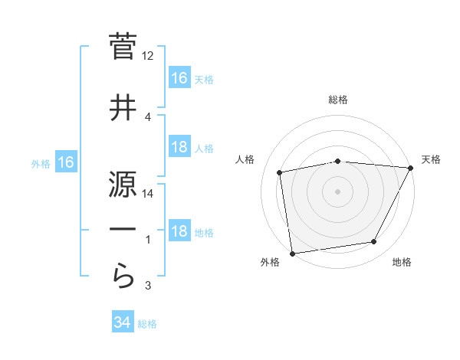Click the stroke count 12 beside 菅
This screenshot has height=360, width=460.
(x=148, y=56)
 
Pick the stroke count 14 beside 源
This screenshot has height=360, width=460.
(x=148, y=194)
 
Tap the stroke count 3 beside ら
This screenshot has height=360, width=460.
(x=148, y=286)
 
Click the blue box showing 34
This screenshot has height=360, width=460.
(x=123, y=322)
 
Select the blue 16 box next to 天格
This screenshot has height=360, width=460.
(x=179, y=78)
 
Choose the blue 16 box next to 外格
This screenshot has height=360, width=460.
(x=66, y=162)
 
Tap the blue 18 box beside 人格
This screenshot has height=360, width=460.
(x=179, y=148)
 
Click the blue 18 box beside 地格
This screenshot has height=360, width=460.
(x=179, y=232)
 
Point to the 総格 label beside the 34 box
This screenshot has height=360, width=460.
(x=147, y=324)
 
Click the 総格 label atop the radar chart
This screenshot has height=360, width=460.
(x=337, y=100)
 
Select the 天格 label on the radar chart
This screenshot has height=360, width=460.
(x=431, y=159)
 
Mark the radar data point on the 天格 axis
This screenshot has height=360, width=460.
(x=410, y=168)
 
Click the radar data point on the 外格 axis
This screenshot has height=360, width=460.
(x=292, y=253)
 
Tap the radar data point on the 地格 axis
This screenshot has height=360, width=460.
(x=374, y=242)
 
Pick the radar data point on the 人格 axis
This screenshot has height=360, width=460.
(x=281, y=173)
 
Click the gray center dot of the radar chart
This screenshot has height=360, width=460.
(x=337, y=191)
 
